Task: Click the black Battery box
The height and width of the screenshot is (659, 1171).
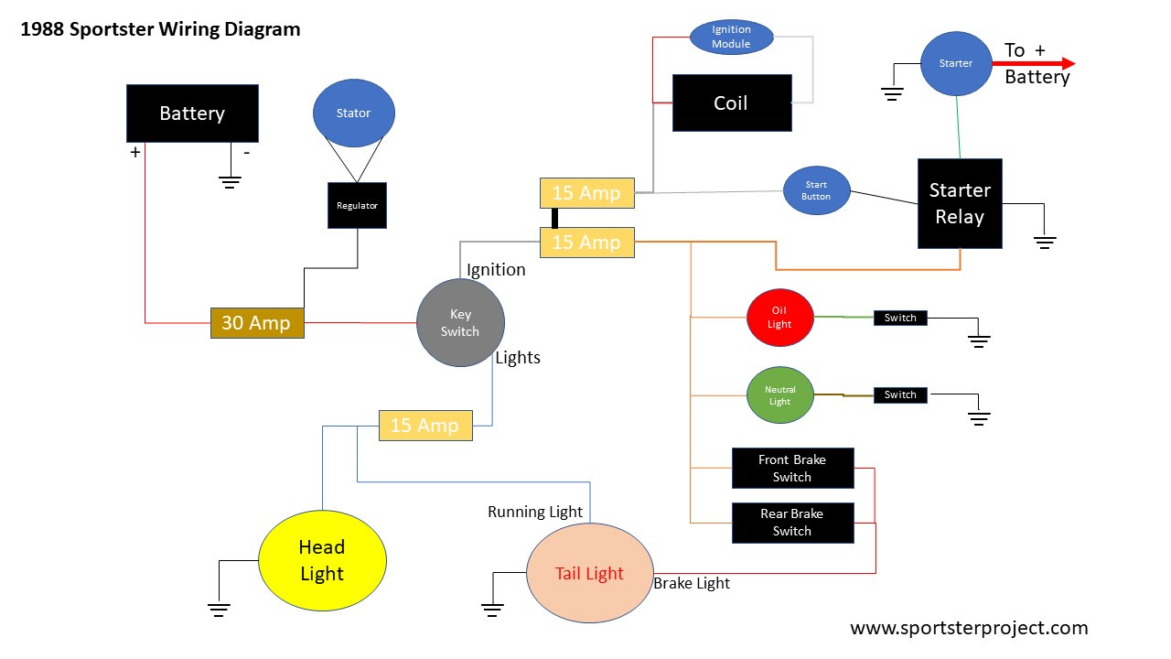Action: tap(192, 113)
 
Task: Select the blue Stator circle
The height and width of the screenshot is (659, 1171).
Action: tap(354, 113)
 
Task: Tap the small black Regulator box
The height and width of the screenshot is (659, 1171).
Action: tap(357, 206)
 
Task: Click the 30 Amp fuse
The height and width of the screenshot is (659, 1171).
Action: tap(257, 323)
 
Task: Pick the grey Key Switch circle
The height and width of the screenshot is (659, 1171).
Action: tap(460, 323)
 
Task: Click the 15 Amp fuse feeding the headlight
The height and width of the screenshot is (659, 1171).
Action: tap(425, 426)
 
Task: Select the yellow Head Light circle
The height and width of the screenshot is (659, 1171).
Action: tap(322, 560)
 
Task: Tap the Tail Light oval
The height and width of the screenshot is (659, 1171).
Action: tap(590, 573)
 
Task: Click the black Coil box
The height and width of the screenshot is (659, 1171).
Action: tap(732, 103)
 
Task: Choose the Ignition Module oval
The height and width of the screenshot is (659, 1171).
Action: tap(731, 38)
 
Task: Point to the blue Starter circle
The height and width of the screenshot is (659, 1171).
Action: tap(955, 63)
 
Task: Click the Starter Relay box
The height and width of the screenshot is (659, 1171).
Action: tap(960, 203)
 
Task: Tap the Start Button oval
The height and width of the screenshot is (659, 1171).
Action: tap(816, 190)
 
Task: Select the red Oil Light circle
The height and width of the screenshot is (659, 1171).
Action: tap(779, 318)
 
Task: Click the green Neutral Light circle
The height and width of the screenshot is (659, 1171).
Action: tap(779, 395)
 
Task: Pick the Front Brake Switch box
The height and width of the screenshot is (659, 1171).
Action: tap(792, 469)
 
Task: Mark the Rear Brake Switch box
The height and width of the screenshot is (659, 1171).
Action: tap(792, 523)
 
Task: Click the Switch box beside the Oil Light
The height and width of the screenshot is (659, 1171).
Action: tap(900, 318)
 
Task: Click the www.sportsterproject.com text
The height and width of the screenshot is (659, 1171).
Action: tap(969, 628)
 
